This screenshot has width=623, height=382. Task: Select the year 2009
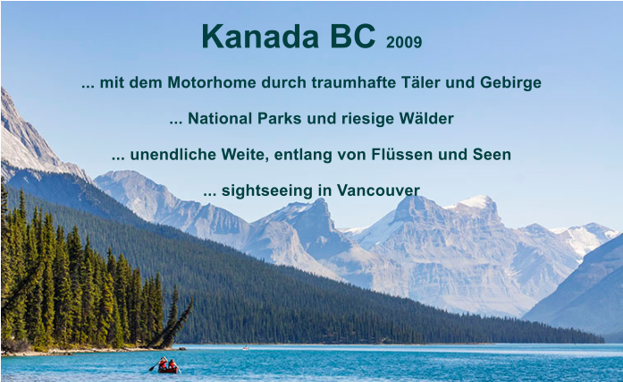point(404,42)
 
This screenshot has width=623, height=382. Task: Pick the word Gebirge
point(510,83)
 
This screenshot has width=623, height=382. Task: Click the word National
point(220,119)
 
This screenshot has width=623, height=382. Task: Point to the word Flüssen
point(414,155)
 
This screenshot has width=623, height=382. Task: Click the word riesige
point(361,119)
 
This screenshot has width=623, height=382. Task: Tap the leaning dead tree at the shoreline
point(174,327)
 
